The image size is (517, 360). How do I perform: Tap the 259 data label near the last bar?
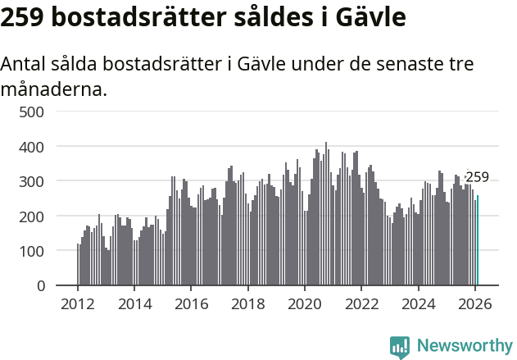pos(477,177)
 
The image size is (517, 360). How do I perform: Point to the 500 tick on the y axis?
pos(32,112)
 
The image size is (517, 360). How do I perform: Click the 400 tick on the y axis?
pos(32,146)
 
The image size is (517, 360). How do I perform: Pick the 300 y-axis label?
pos(32,181)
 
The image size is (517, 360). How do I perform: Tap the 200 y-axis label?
pos(32,216)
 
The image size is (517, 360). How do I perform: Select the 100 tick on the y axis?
pos(32,251)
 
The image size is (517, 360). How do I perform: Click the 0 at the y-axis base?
pos(39,285)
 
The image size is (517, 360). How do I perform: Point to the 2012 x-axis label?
pos(78,304)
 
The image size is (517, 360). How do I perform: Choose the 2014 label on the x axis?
pos(134,304)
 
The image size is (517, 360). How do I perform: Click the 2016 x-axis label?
pos(191,304)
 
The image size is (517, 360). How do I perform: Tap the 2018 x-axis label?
pos(248,304)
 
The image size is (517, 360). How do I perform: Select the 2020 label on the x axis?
pos(305,304)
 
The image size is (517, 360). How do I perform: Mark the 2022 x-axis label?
pos(361,304)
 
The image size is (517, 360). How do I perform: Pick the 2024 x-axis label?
pos(419,304)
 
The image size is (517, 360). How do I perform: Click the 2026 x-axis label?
pos(475,304)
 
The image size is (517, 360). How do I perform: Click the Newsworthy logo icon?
pos(400,347)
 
